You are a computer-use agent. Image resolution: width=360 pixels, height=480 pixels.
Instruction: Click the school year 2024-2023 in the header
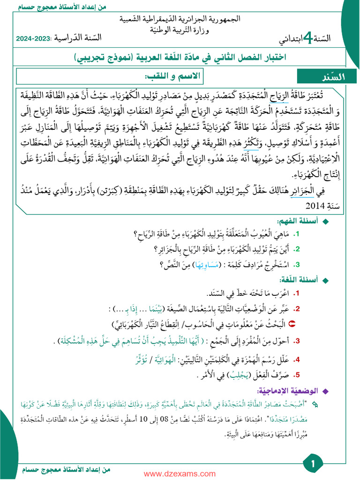coord(33,39)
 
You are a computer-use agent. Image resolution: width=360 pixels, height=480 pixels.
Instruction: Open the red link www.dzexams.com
coord(180,474)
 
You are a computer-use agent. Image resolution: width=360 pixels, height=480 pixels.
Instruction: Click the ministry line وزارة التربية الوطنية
coord(180,29)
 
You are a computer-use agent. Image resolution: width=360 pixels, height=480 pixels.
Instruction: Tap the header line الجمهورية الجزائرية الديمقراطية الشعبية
coord(180,19)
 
